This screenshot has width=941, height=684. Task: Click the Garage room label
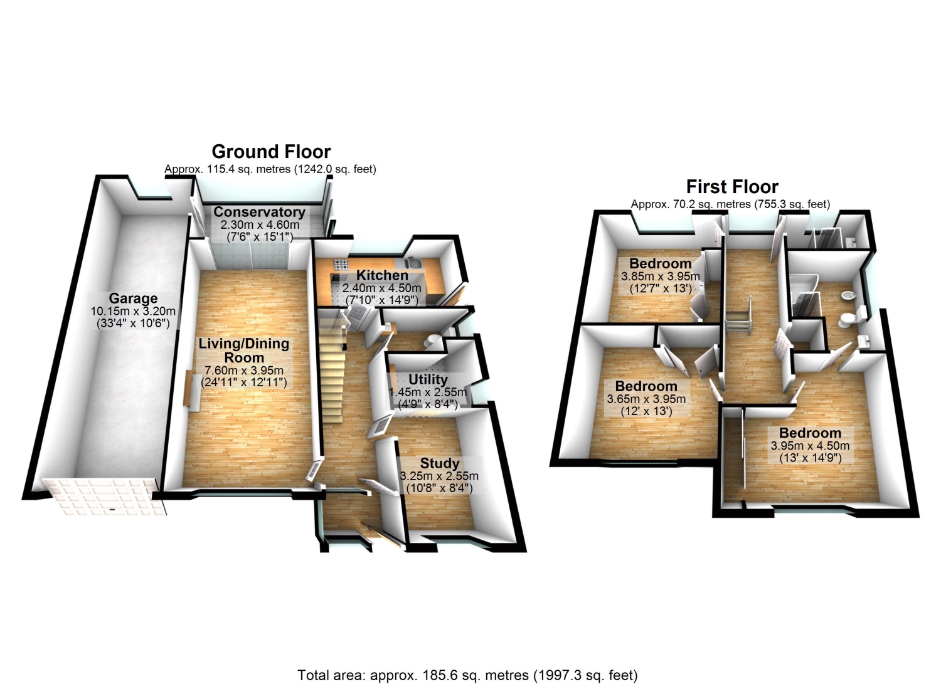point(132,298)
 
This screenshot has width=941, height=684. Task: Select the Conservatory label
point(259,212)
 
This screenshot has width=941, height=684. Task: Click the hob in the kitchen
point(341,265)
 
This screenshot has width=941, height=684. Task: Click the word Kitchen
point(382,275)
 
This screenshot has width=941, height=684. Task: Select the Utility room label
point(428,379)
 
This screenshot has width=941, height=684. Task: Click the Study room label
point(439,463)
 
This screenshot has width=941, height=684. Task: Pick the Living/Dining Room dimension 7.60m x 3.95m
point(243,370)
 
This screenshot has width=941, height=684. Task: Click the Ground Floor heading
point(271,152)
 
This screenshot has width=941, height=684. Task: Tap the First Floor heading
point(732,187)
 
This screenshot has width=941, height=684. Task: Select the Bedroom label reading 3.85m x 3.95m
point(660,263)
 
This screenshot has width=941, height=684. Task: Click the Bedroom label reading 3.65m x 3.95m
point(646,386)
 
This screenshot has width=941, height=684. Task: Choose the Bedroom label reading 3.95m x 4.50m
point(810,433)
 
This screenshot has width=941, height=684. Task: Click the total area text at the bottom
point(467,675)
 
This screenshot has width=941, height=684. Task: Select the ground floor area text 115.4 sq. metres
point(270,169)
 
